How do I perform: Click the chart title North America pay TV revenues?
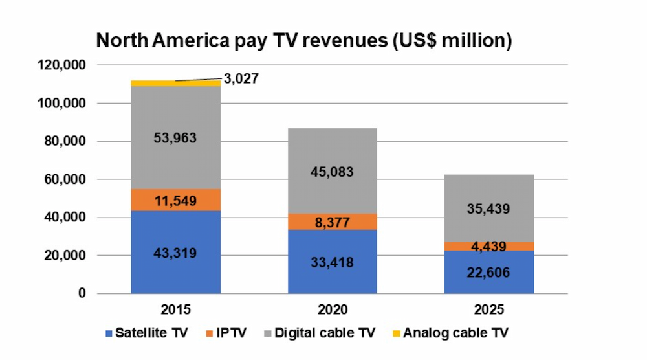pos(304,41)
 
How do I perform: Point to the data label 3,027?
pos(241,79)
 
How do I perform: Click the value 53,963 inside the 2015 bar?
pos(176,137)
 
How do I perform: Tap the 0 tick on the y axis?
pos(82,293)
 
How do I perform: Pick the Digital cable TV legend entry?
pos(318,333)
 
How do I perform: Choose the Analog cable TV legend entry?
pos(450,333)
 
